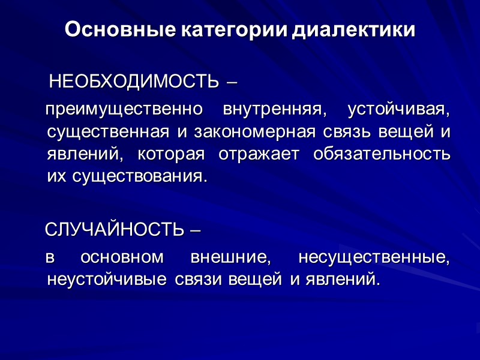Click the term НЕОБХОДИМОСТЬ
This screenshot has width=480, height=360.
(134, 81)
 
